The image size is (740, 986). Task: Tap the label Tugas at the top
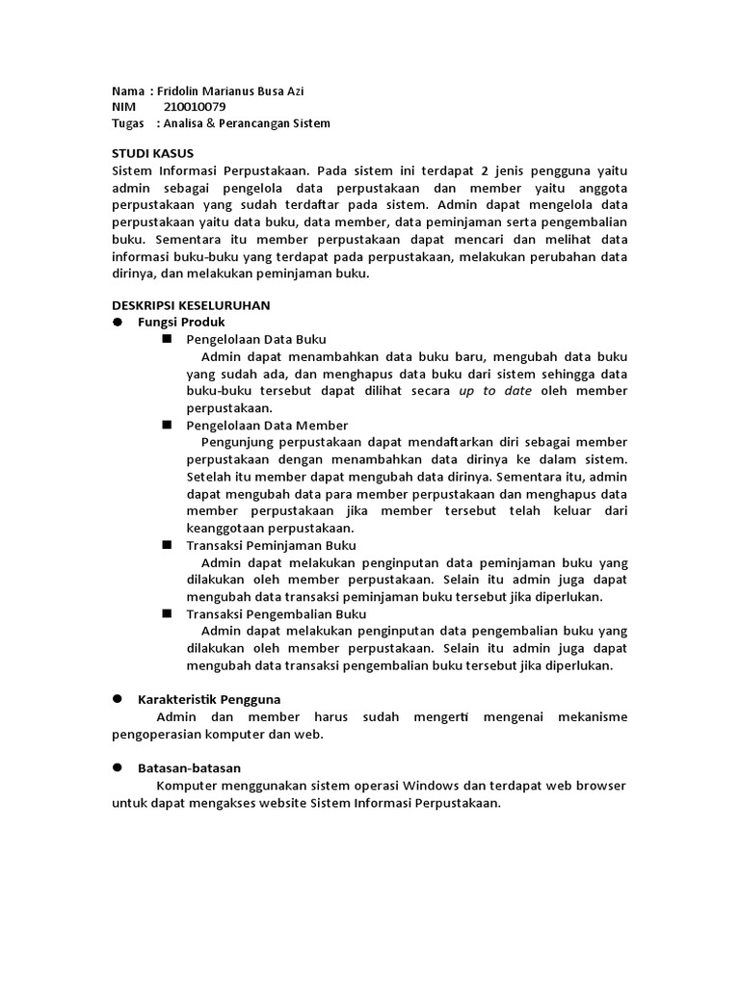pos(128,123)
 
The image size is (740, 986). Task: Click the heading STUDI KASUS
pos(152,153)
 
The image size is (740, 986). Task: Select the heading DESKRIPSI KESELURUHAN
pos(191,304)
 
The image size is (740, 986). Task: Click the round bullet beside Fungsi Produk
pos(118,322)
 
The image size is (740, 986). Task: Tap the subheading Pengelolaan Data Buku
pos(256,339)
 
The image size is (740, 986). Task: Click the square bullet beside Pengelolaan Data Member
pos(167,424)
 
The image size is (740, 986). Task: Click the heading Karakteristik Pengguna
pos(209,699)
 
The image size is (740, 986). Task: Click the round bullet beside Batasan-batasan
pos(118,767)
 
